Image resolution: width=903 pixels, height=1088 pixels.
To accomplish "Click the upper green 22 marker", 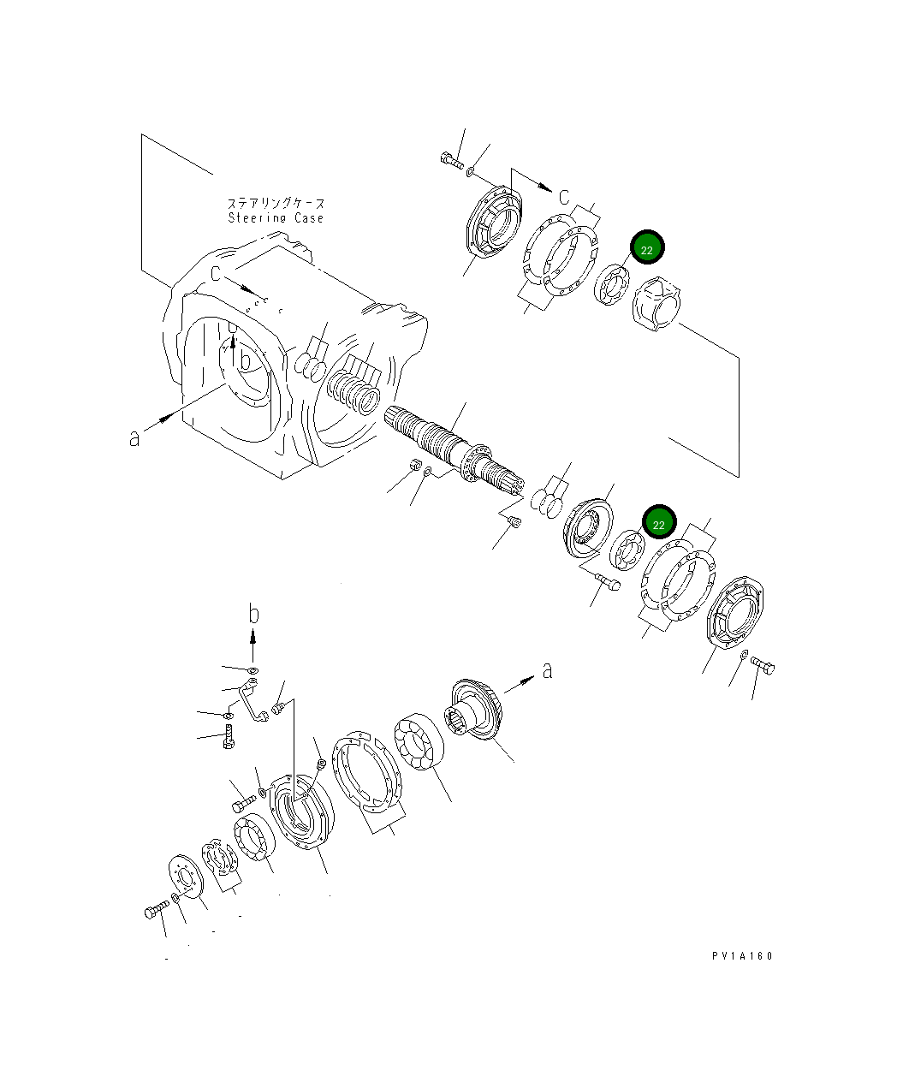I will coord(646,249).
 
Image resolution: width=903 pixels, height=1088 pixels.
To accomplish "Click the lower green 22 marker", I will coord(658,523).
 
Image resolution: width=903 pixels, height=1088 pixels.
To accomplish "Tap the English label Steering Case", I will coord(276,218).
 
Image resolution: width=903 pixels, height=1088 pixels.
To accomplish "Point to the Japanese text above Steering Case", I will coord(276,204).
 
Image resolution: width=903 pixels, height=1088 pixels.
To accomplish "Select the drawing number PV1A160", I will coord(740,956).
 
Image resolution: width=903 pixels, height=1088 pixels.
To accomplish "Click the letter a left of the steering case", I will coord(134,437).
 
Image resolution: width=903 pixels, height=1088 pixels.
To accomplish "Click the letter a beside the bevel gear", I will coord(547,669).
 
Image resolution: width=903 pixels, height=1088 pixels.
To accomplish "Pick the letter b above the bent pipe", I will coord(253,613).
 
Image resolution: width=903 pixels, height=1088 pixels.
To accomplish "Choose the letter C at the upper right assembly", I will coord(564,197).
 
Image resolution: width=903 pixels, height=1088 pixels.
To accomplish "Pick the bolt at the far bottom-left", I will coord(155,912).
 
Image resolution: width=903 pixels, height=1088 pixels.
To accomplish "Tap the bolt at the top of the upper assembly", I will coord(450,158).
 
